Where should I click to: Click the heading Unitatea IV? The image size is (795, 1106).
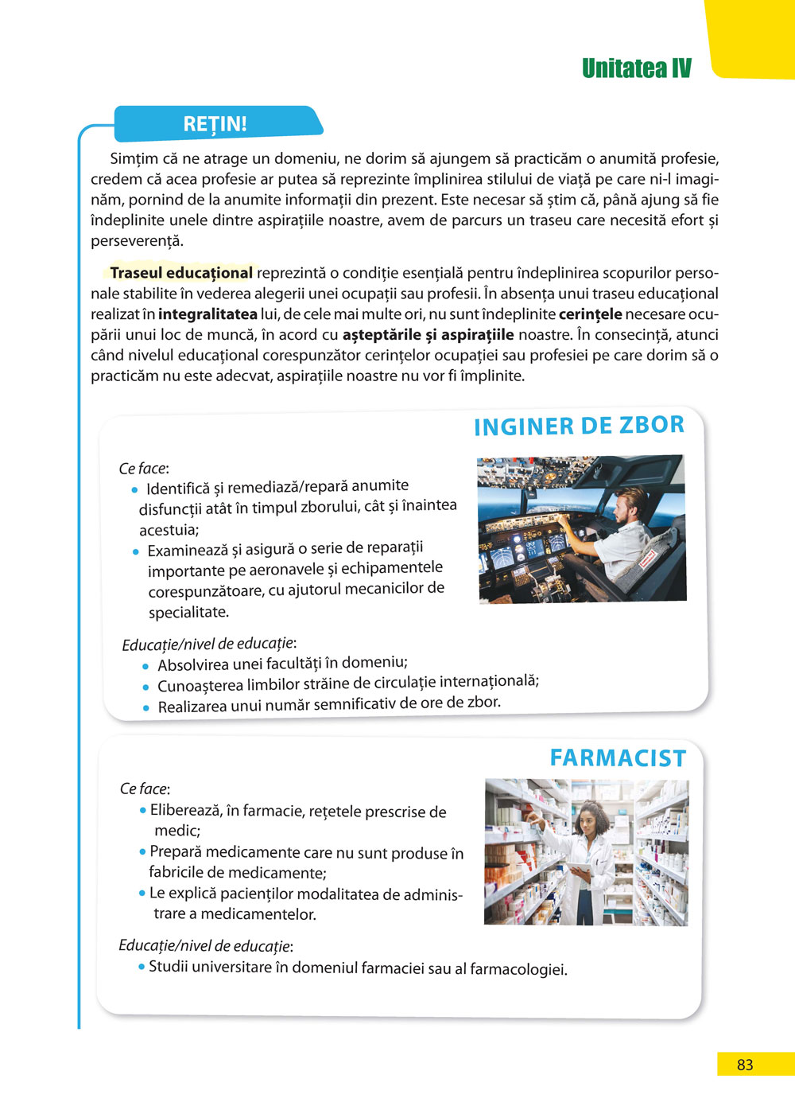[636, 68]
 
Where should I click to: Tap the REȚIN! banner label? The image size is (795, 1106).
[215, 124]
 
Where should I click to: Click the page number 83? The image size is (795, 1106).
[745, 1065]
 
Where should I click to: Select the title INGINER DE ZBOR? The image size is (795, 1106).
[579, 426]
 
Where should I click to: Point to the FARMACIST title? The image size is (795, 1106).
[618, 758]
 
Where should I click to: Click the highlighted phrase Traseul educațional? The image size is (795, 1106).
[181, 273]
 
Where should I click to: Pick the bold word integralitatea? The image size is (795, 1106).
[207, 314]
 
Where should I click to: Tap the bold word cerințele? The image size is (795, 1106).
[590, 314]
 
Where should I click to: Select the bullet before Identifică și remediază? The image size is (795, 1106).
[135, 489]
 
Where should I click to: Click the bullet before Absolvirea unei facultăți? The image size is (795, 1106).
[145, 666]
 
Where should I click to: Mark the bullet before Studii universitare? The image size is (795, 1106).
[142, 967]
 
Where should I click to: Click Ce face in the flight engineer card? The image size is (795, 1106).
[143, 469]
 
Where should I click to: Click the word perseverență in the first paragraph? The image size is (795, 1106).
[137, 240]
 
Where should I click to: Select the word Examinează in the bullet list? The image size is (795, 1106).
[188, 551]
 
